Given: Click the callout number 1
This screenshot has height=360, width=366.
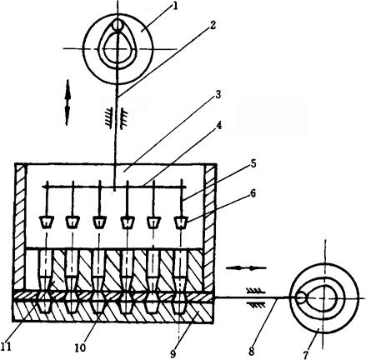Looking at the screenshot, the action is pos(175,6).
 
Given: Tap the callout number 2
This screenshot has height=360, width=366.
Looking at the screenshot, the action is pos(212,25).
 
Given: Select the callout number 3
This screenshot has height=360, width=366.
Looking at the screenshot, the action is pos(218,94).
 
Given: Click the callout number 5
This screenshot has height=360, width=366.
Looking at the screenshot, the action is pos(253,163).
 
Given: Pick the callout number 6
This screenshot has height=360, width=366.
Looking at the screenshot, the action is pos(253,193).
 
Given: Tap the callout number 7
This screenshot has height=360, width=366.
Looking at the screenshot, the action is pos(306,354).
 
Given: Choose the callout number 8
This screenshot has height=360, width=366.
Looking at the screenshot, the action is pos(252,352).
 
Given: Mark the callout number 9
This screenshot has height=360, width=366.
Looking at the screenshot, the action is pos(173,353).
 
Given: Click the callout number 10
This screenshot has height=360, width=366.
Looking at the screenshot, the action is pos(80,347).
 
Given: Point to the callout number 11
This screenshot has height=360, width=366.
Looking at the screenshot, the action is pos(6,347).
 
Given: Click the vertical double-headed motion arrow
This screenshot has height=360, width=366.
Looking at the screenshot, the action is pos(68,102).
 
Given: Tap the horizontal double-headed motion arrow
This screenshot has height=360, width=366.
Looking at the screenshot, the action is pos(246,268).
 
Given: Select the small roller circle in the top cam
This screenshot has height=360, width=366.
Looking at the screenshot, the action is pos(118,25).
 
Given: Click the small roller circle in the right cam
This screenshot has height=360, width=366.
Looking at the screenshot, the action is pos(300,298).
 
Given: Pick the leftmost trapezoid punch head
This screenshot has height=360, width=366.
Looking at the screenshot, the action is pos(47,222).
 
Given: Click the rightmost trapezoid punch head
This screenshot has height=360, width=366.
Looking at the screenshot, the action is pos(181,222).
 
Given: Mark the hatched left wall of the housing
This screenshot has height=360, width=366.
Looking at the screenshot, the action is pos(20,227).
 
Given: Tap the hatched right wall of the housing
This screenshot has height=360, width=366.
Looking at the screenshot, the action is pos(210,227).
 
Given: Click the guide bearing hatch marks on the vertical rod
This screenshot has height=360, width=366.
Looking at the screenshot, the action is pos(116,118).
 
